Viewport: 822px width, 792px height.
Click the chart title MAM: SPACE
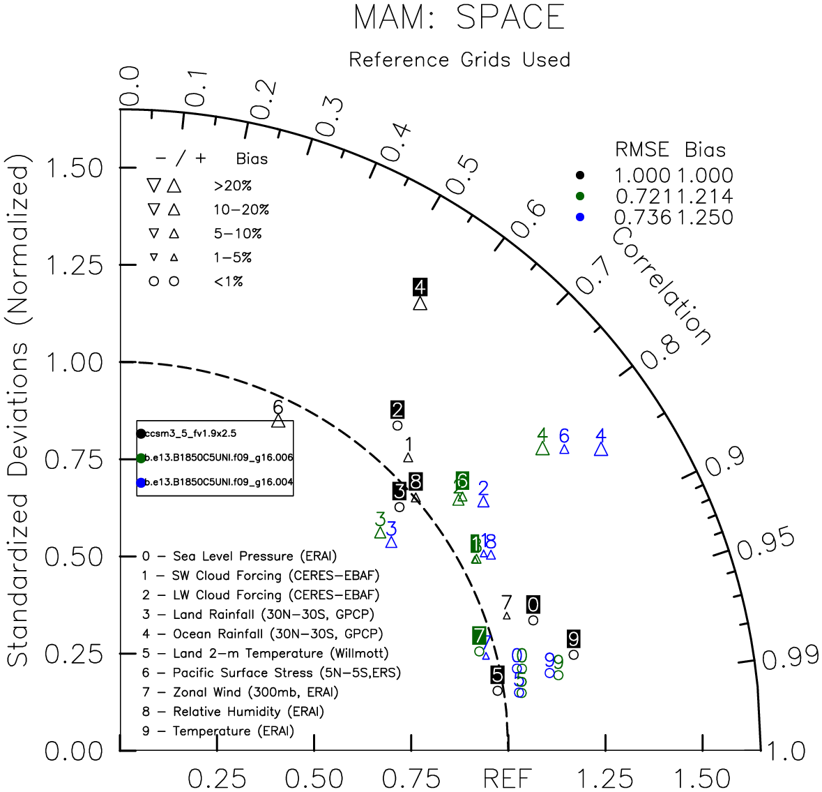tap(459, 18)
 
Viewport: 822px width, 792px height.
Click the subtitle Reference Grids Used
tap(459, 60)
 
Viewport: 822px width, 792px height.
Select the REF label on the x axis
tap(508, 778)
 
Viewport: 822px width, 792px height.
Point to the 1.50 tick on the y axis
tap(74, 168)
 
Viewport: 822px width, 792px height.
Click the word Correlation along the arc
tap(661, 287)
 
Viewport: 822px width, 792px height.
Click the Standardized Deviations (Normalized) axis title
tap(20, 415)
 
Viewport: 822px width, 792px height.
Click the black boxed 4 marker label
tap(420, 287)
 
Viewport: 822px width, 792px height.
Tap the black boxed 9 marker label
tap(573, 638)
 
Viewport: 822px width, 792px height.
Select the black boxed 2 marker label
tap(397, 410)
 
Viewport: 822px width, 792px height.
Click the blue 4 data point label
tap(601, 435)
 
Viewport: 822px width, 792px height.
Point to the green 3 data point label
tap(380, 519)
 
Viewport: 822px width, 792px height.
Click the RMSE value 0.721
tap(644, 197)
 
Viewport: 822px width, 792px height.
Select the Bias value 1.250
tap(705, 218)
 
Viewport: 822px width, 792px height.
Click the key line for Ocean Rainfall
tap(262, 634)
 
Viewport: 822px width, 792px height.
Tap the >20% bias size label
tap(233, 186)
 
